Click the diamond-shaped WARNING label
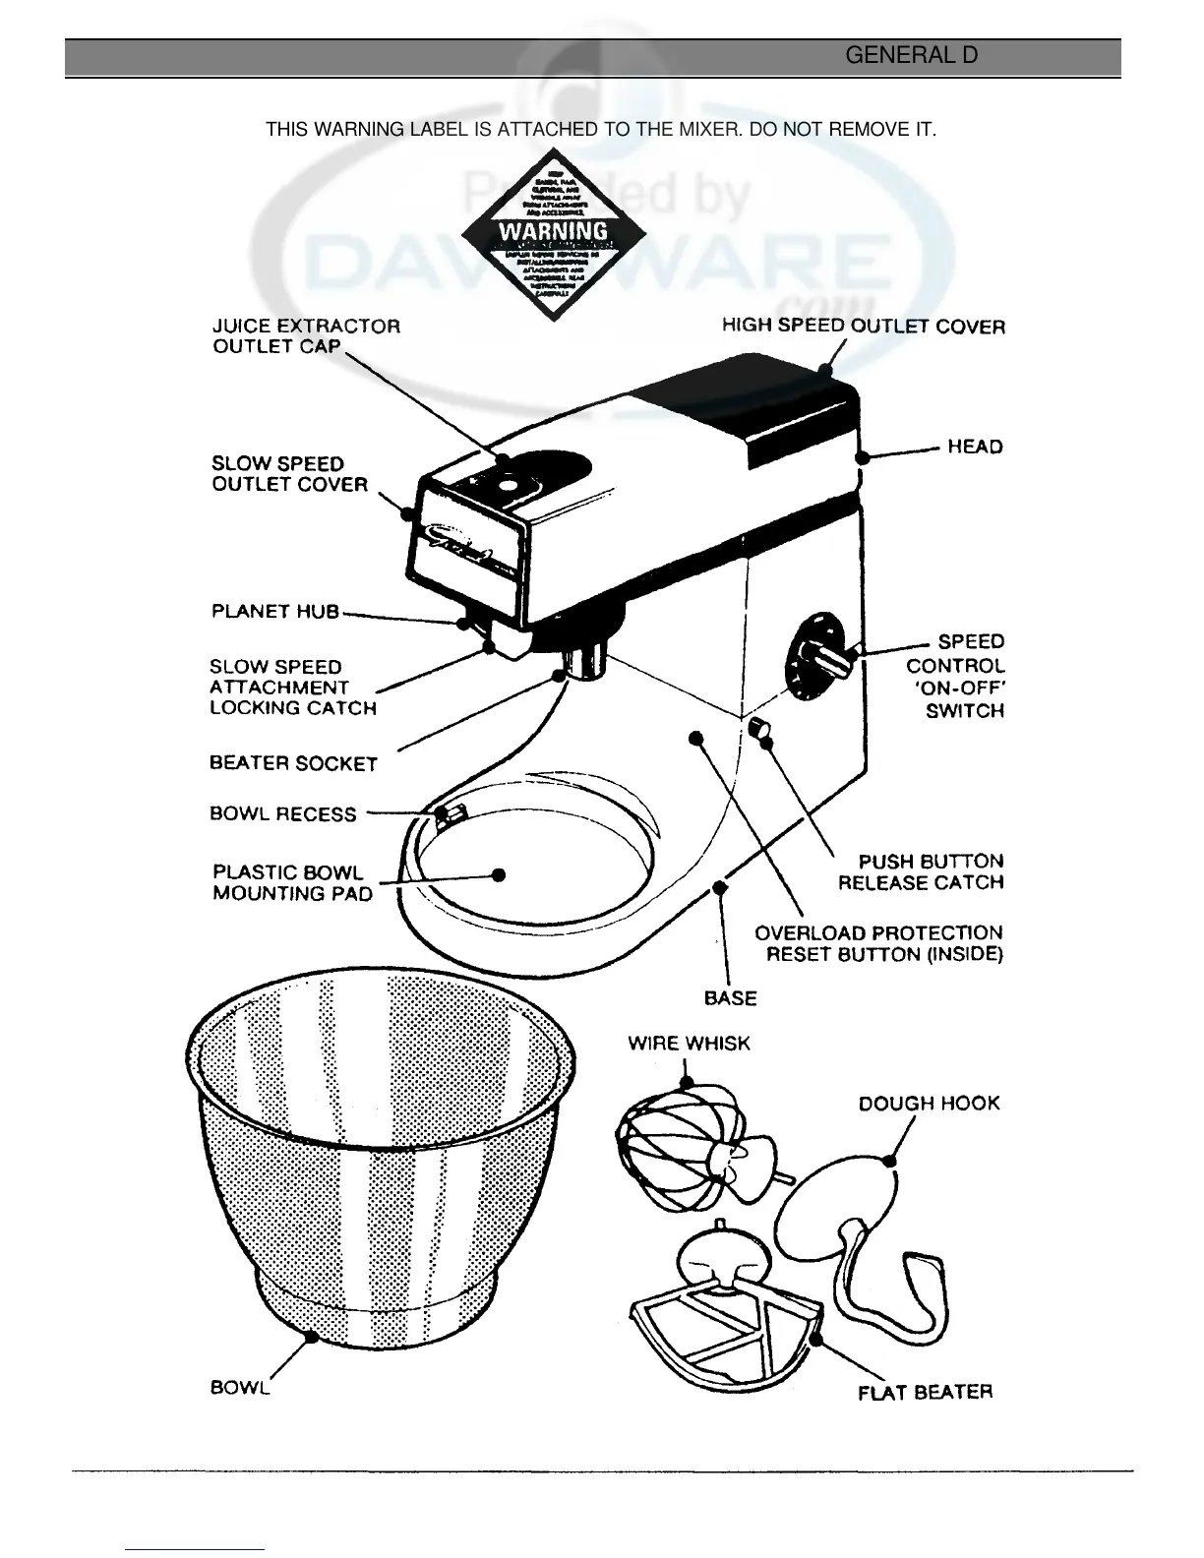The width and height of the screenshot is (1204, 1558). (x=554, y=234)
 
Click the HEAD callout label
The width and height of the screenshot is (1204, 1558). (x=975, y=447)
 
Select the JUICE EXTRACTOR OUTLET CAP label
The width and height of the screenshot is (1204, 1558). (x=306, y=335)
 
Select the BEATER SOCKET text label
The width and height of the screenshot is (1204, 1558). (x=293, y=763)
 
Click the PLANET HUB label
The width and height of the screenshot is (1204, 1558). (x=275, y=612)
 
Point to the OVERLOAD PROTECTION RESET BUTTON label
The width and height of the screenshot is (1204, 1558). (x=878, y=943)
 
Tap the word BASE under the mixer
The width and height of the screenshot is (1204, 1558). (x=731, y=998)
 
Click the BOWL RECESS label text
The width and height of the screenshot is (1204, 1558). (x=282, y=814)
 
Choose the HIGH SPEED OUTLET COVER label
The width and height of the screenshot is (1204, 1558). (x=863, y=326)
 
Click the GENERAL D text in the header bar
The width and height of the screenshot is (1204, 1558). (x=911, y=56)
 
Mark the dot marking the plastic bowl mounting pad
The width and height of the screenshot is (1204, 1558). (x=499, y=873)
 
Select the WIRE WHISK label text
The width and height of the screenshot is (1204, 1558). (x=689, y=1044)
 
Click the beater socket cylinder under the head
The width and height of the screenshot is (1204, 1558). (x=587, y=659)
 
